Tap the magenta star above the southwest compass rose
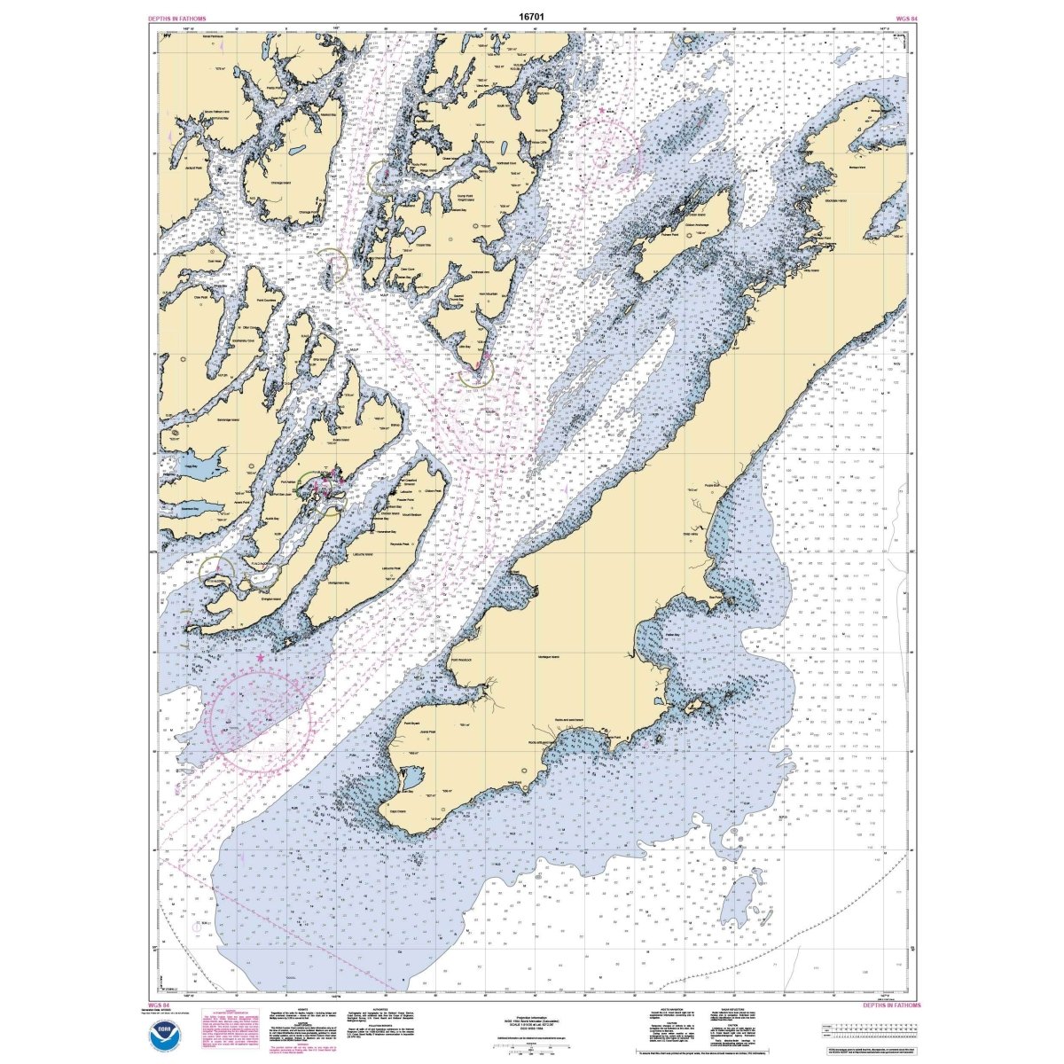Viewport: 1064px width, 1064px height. coord(260,659)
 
